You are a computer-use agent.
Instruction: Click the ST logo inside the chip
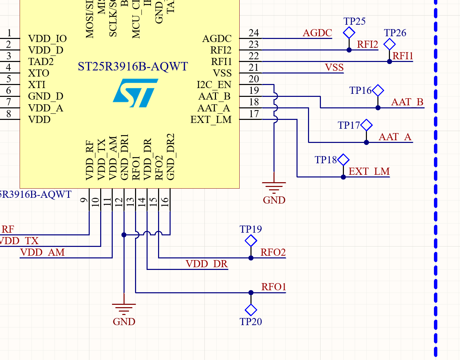(135, 92)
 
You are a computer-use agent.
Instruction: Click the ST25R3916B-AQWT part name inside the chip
(133, 66)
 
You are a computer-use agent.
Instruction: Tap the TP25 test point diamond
(349, 33)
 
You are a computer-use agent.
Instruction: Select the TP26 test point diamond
(390, 44)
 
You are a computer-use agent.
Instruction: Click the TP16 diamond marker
(378, 90)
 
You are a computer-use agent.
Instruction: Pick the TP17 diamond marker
(366, 125)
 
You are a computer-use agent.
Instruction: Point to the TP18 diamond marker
(343, 160)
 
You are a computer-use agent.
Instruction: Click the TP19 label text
(250, 229)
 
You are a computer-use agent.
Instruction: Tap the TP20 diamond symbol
(251, 310)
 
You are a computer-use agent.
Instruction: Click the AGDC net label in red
(317, 33)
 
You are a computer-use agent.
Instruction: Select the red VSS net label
(334, 67)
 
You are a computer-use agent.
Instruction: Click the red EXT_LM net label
(369, 171)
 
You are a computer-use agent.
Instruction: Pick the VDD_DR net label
(206, 264)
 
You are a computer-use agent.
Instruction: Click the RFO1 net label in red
(273, 287)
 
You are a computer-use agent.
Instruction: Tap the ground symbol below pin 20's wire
(274, 187)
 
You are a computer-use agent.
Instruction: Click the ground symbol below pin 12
(124, 308)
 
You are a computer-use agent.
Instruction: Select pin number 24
(254, 33)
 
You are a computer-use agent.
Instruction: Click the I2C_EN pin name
(214, 85)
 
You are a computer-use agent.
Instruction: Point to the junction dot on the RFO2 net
(251, 258)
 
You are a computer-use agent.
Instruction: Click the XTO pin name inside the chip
(39, 73)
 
